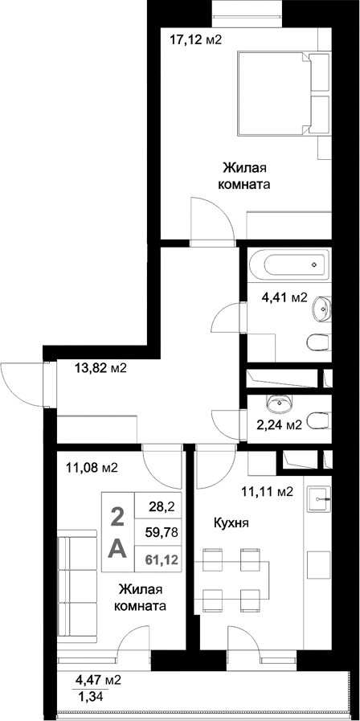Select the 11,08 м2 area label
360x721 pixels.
[x=92, y=467]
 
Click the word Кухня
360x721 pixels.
[x=231, y=522]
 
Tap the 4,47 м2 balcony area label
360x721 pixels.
[x=99, y=679]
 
